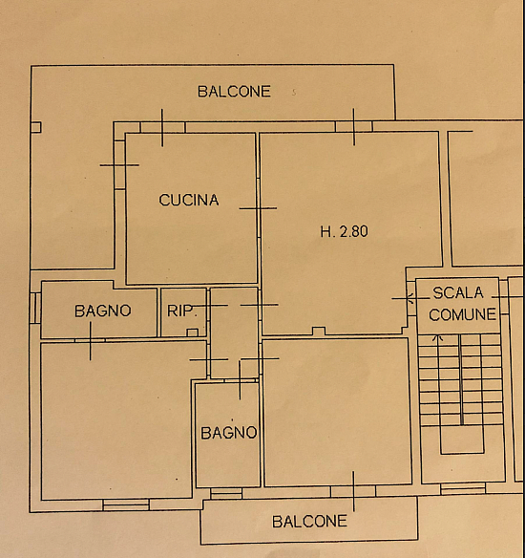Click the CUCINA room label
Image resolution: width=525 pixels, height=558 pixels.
(x=189, y=200)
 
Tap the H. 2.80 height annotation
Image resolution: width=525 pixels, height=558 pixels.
(x=344, y=231)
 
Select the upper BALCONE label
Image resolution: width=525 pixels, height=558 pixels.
(x=234, y=92)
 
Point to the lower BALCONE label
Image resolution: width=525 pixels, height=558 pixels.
(x=309, y=522)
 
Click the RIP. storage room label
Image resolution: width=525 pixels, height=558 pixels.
(x=181, y=311)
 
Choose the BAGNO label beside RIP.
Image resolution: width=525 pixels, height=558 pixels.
(x=103, y=311)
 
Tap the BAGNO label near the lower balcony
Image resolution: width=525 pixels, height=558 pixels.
(x=229, y=433)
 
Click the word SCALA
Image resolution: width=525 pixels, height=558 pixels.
(x=458, y=293)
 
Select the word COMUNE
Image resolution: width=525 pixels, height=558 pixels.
(x=462, y=314)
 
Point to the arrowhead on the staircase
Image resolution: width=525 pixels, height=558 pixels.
(x=437, y=337)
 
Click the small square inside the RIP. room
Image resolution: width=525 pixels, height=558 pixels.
(x=192, y=333)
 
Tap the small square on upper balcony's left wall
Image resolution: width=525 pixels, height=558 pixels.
(x=36, y=127)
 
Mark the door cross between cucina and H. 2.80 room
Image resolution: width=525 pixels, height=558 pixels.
(x=259, y=208)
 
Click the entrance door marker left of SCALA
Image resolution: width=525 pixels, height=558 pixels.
(x=409, y=298)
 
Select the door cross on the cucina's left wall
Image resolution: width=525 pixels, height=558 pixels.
(x=119, y=165)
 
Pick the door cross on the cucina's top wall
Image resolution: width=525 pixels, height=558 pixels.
(x=162, y=128)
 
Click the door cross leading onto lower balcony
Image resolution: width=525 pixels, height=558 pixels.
(x=353, y=491)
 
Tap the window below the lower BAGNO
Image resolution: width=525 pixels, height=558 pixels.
(x=226, y=493)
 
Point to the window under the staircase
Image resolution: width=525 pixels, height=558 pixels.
(x=463, y=488)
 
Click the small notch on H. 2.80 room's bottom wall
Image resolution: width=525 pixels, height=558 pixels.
(x=319, y=331)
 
